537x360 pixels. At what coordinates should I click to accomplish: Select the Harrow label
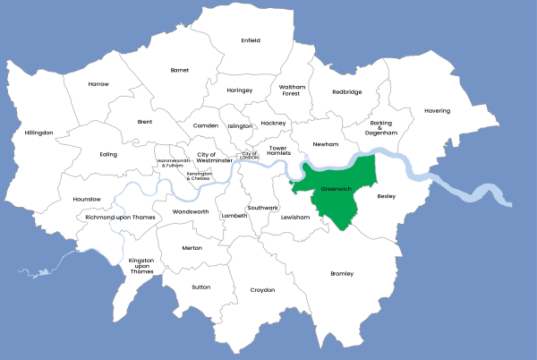click(x=98, y=84)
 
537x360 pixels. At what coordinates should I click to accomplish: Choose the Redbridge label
click(x=346, y=91)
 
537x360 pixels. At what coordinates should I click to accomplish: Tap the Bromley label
click(x=342, y=273)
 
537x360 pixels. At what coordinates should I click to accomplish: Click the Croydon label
click(x=262, y=290)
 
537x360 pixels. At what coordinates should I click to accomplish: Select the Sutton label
click(x=200, y=287)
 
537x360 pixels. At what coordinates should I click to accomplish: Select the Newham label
click(x=325, y=144)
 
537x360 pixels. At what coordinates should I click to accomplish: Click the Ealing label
click(x=108, y=154)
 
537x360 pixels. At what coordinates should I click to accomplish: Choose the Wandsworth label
click(x=190, y=212)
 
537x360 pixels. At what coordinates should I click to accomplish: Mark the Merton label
click(x=192, y=248)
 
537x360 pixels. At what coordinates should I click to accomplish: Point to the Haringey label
click(x=240, y=90)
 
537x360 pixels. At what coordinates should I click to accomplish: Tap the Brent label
click(x=145, y=121)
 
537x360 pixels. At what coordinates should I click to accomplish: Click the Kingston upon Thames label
click(x=141, y=266)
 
